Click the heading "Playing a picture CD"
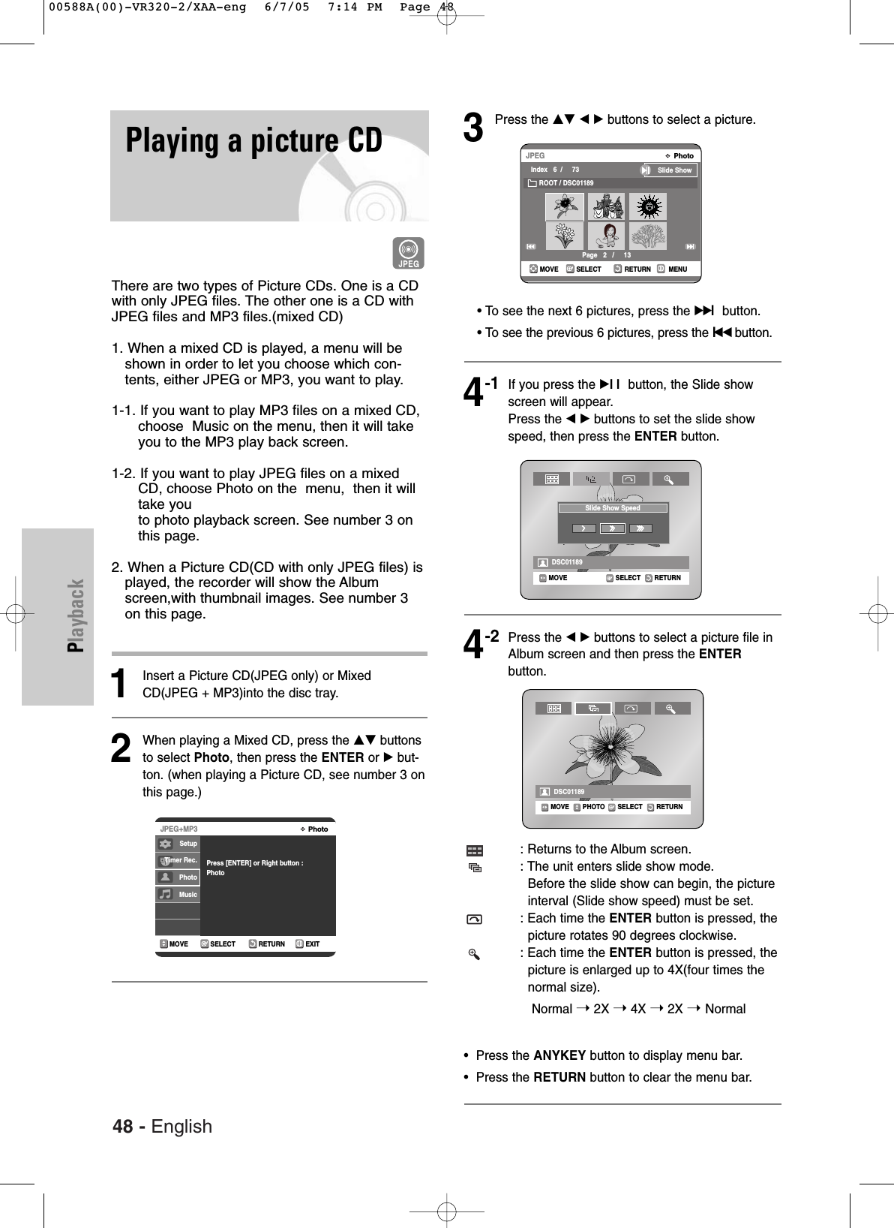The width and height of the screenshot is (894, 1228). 253,141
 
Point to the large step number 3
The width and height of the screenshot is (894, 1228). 473,128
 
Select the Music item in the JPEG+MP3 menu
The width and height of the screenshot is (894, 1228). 178,894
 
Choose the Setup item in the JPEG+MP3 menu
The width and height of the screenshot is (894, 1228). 178,844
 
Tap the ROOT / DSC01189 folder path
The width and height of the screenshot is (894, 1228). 565,183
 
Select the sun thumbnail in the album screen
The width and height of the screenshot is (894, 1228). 648,206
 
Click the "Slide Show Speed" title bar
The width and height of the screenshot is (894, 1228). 612,508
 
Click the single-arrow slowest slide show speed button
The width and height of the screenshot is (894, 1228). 583,528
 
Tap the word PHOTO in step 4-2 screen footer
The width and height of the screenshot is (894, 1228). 592,807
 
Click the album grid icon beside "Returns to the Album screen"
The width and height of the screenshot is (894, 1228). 473,850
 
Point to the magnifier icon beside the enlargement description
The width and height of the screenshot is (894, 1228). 473,954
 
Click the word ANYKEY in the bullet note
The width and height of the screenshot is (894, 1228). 559,1055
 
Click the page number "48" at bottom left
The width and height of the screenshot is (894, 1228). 126,1126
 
